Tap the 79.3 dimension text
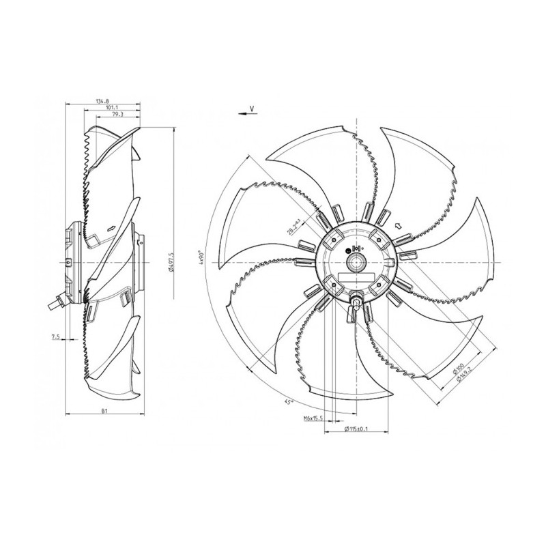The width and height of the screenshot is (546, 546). (x=118, y=116)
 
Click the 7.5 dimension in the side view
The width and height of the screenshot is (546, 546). (x=54, y=336)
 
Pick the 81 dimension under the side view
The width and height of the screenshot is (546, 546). (x=104, y=412)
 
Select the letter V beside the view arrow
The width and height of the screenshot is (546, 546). (x=252, y=109)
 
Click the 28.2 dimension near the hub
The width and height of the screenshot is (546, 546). (x=294, y=227)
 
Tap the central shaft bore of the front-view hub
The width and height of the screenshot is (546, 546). (x=355, y=262)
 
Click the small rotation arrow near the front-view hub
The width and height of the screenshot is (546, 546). (x=399, y=225)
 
